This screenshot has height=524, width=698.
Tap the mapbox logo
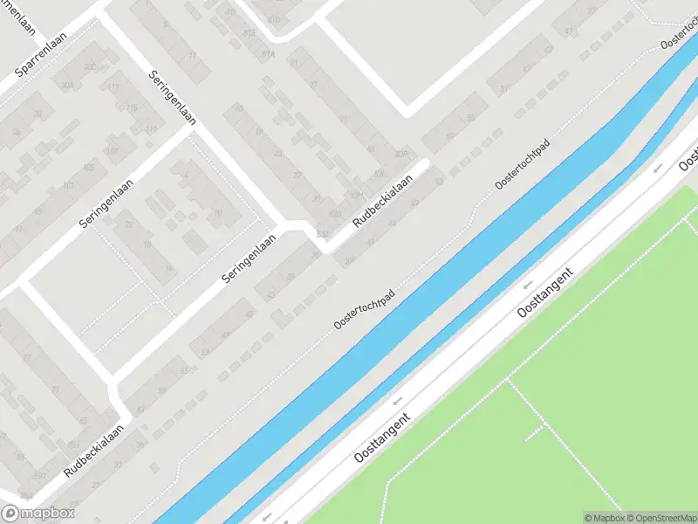pos(38,514)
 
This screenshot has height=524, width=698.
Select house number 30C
pos(88,66)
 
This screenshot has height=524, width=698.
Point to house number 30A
pos(66,85)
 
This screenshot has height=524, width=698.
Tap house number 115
pos(132,107)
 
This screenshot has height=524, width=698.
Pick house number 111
pos(152,129)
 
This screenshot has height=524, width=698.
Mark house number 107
pos(111,150)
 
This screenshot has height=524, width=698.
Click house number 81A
pos(268,54)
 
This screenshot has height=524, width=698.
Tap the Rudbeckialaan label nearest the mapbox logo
pos(94,451)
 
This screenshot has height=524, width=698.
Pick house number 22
pos(128,224)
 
